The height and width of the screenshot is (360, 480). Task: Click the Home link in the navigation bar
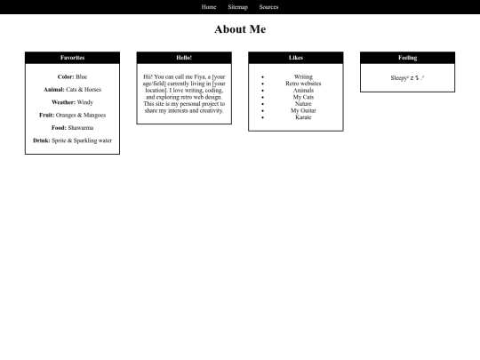pyautogui.click(x=209, y=7)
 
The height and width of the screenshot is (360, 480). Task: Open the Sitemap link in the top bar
pyautogui.click(x=237, y=7)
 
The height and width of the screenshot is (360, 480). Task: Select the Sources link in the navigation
pyautogui.click(x=268, y=7)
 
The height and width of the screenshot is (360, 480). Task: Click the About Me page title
pyautogui.click(x=240, y=29)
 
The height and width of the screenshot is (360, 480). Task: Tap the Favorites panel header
pyautogui.click(x=72, y=58)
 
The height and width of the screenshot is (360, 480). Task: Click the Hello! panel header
pyautogui.click(x=184, y=58)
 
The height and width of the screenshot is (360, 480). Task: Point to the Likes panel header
pyautogui.click(x=296, y=58)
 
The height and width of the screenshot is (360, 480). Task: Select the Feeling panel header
pyautogui.click(x=407, y=58)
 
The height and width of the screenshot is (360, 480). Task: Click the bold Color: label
pyautogui.click(x=66, y=77)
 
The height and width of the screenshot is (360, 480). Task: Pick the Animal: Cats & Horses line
pyautogui.click(x=72, y=90)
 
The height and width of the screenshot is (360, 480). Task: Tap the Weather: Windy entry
pyautogui.click(x=72, y=102)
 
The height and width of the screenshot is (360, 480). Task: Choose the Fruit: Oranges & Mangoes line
pyautogui.click(x=72, y=115)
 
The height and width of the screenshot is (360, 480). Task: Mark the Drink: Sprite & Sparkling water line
pyautogui.click(x=72, y=140)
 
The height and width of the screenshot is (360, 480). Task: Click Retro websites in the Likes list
pyautogui.click(x=303, y=84)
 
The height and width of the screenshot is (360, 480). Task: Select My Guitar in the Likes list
pyautogui.click(x=303, y=110)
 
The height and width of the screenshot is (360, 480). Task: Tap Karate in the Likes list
pyautogui.click(x=303, y=117)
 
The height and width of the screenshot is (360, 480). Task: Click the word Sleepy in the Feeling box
pyautogui.click(x=399, y=78)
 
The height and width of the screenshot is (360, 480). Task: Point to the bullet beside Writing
pyautogui.click(x=263, y=77)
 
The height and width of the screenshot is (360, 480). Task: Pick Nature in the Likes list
pyautogui.click(x=303, y=104)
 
